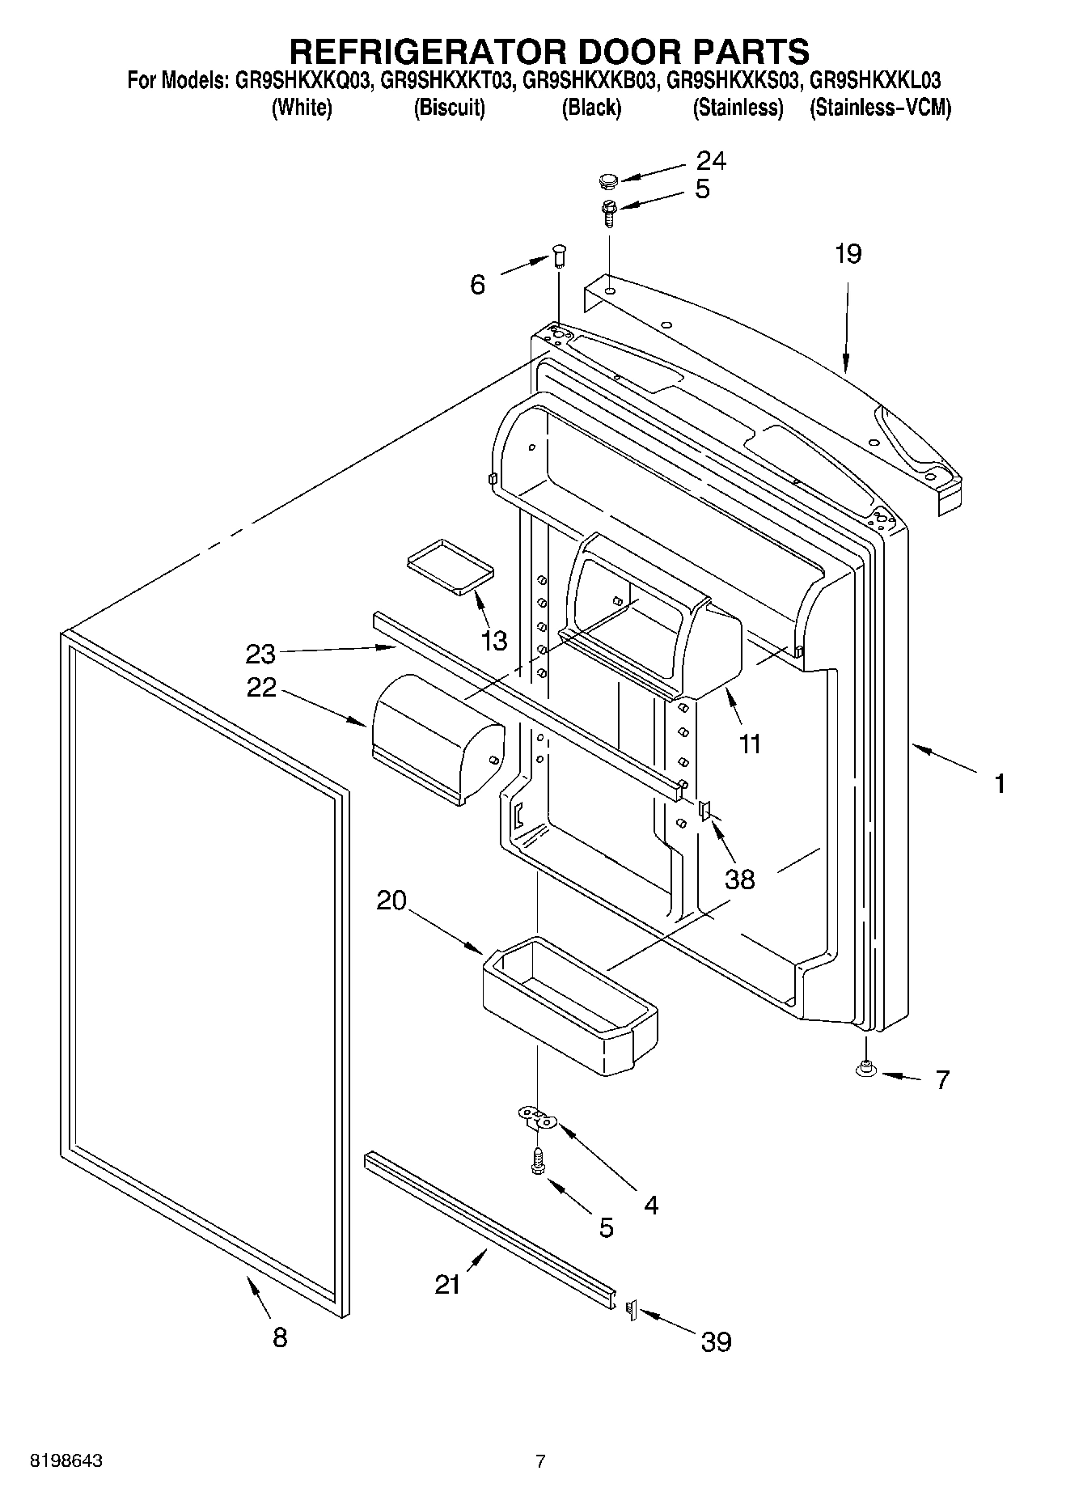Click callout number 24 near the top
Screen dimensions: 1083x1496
coord(711,161)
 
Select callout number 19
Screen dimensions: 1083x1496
coord(848,254)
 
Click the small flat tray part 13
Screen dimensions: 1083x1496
coord(451,564)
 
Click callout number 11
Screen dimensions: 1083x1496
coord(750,744)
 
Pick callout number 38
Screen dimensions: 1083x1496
coord(739,879)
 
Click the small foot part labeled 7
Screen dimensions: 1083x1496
coord(866,1070)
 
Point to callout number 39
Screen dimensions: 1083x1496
coord(716,1342)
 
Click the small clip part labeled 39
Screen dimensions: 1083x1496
coord(632,1309)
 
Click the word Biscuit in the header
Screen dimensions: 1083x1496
coord(449,108)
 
